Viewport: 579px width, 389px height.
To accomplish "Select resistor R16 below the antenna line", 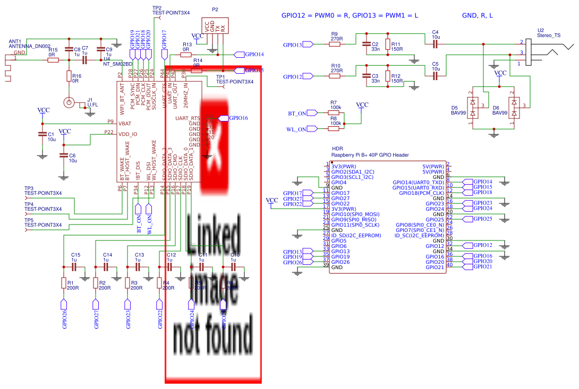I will click(x=69, y=77).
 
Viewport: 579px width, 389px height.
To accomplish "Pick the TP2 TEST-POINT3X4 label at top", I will click(x=171, y=11).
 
